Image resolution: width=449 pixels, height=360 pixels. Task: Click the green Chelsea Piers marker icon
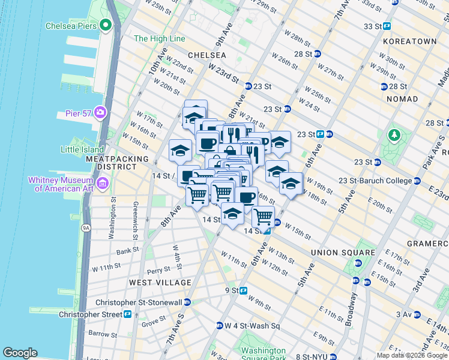pos(106,25)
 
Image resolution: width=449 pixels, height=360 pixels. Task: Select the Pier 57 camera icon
pos(100,112)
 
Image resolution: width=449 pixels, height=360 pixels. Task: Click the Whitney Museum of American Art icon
pos(103,182)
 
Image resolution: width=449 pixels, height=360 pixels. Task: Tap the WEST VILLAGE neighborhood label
pos(160,282)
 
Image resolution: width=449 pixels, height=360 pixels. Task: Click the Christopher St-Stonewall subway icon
pos(188,302)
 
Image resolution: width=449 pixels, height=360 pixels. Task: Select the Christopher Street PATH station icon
pos(127,314)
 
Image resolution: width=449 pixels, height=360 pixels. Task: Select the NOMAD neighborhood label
pos(402,98)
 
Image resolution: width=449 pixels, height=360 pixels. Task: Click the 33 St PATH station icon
pos(387,26)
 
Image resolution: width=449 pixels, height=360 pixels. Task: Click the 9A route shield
pos(85,227)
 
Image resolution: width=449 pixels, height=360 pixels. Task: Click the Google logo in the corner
pos(20,353)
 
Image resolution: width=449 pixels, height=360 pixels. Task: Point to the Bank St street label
pos(127,251)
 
